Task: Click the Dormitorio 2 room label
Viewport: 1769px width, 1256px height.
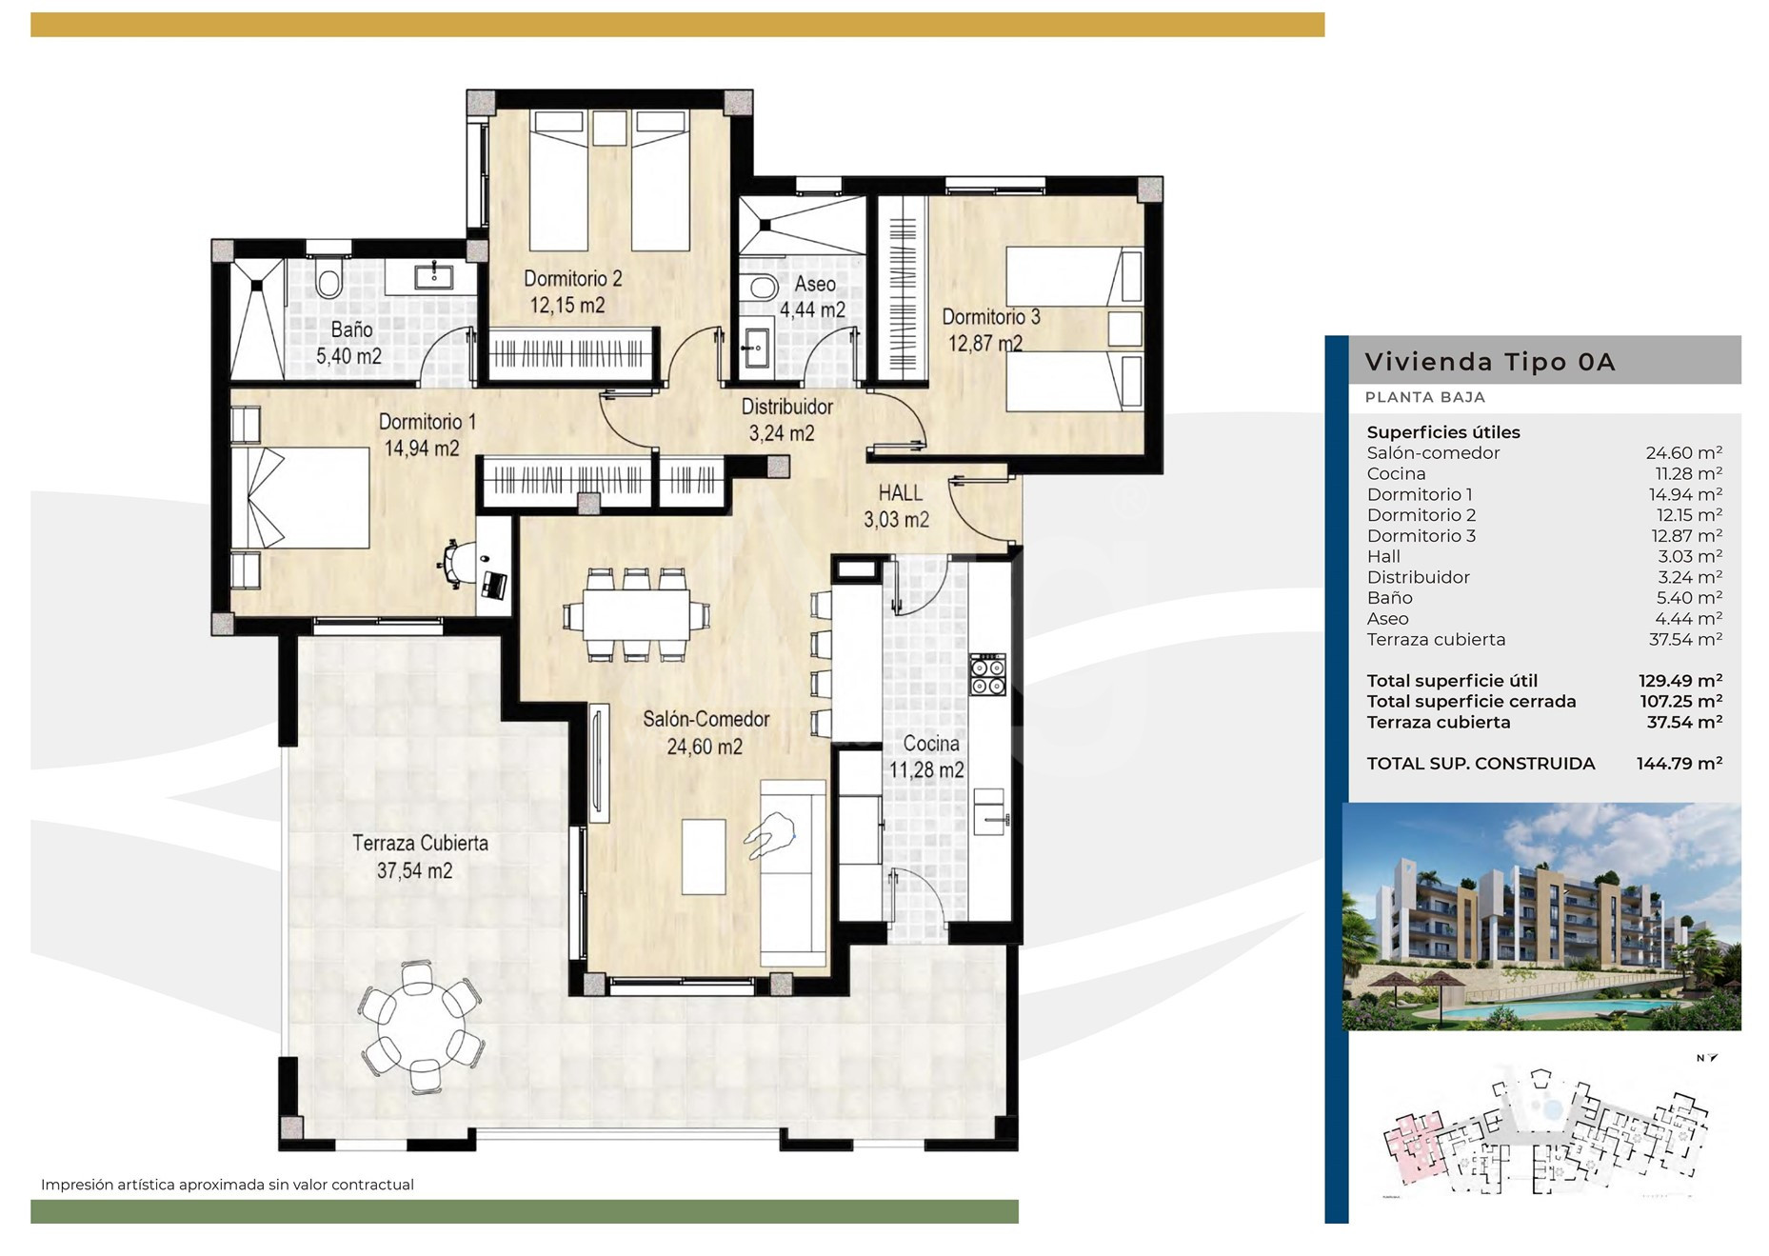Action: [572, 291]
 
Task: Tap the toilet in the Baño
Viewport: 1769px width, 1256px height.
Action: [329, 279]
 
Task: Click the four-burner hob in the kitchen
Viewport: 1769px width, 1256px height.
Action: [987, 674]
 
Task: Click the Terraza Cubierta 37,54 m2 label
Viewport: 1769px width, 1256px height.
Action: [419, 856]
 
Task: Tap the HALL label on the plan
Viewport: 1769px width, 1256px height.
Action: [900, 493]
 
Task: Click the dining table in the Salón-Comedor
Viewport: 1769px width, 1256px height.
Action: [636, 614]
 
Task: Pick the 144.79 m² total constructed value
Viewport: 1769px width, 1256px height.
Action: [1680, 763]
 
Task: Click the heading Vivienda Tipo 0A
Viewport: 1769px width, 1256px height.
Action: [1490, 362]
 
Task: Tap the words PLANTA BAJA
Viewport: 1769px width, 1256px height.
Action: [1424, 397]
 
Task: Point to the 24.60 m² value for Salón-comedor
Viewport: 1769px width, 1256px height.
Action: [1684, 453]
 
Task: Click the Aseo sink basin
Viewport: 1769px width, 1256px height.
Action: [757, 347]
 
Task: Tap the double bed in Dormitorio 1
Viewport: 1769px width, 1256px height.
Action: [301, 498]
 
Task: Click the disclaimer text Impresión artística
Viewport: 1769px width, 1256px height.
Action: [227, 1185]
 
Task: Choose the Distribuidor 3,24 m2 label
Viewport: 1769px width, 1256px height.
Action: [785, 420]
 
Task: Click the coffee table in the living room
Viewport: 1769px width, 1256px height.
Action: [704, 856]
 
